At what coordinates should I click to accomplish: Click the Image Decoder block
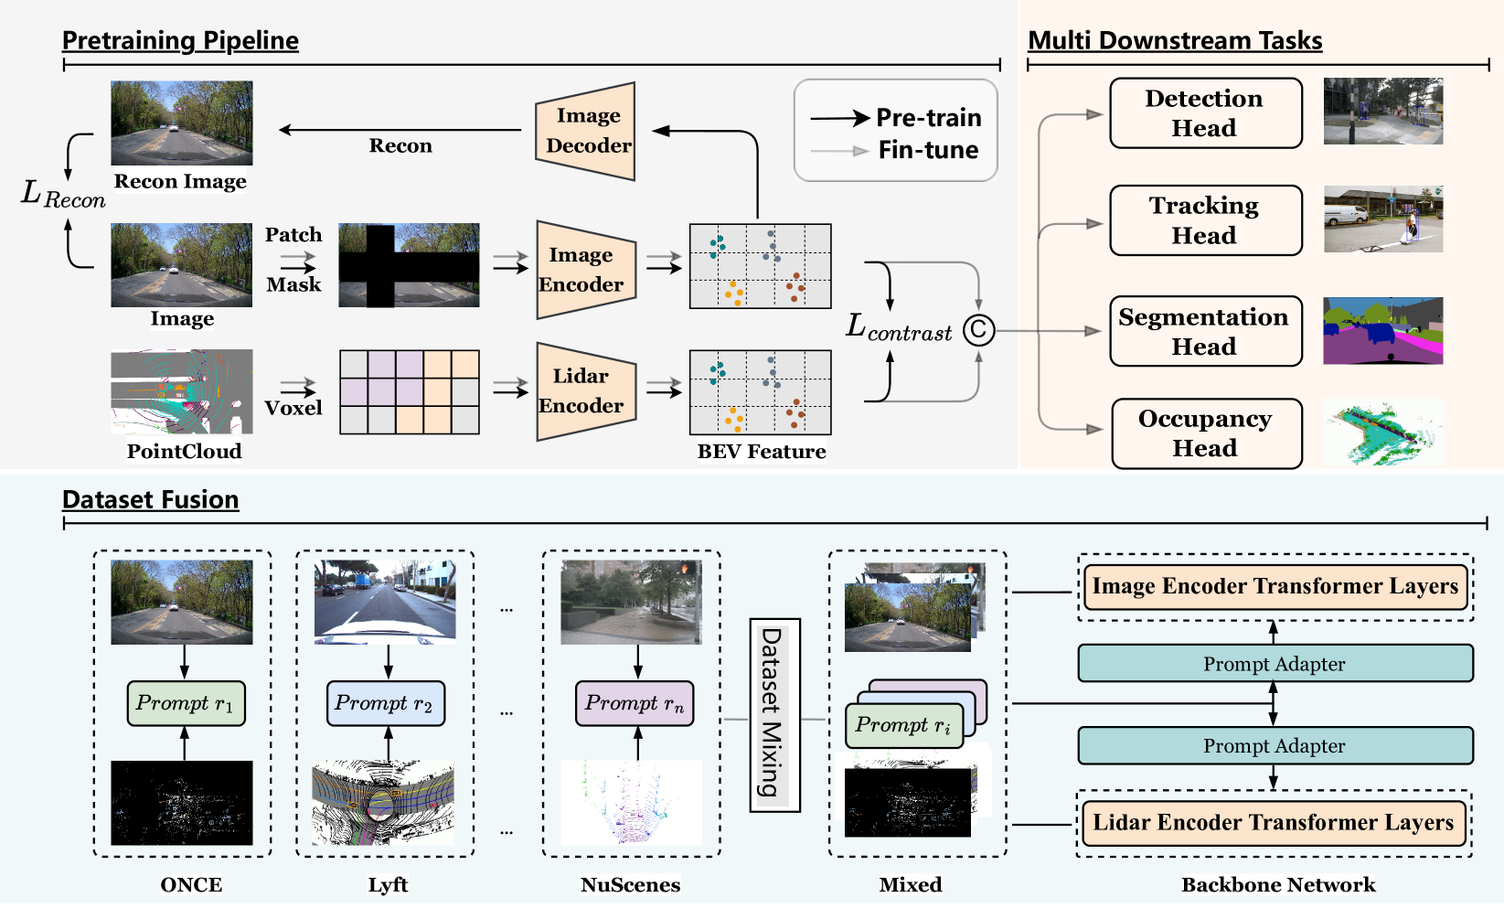pos(586,131)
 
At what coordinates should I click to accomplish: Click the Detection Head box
pos(1205,113)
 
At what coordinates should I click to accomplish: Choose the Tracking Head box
pos(1205,220)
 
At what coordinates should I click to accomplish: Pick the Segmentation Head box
pos(1205,331)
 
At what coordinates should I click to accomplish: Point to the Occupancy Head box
pos(1206,433)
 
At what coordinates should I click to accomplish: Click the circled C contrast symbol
pos(978,329)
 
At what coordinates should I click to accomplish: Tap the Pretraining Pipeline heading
pos(180,41)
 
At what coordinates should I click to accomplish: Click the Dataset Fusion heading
pos(151,499)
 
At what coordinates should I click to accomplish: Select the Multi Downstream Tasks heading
pos(1175,41)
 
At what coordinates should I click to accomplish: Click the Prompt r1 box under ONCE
pos(186,703)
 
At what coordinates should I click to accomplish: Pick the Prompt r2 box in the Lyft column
pos(385,703)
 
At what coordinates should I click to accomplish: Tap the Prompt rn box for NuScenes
pos(634,703)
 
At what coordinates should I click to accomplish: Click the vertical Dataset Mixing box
pos(774,715)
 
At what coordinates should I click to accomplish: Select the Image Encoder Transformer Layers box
pos(1275,586)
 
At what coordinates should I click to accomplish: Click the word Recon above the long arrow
pos(400,145)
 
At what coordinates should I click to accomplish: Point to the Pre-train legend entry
pos(928,118)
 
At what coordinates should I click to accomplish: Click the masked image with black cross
pos(409,265)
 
